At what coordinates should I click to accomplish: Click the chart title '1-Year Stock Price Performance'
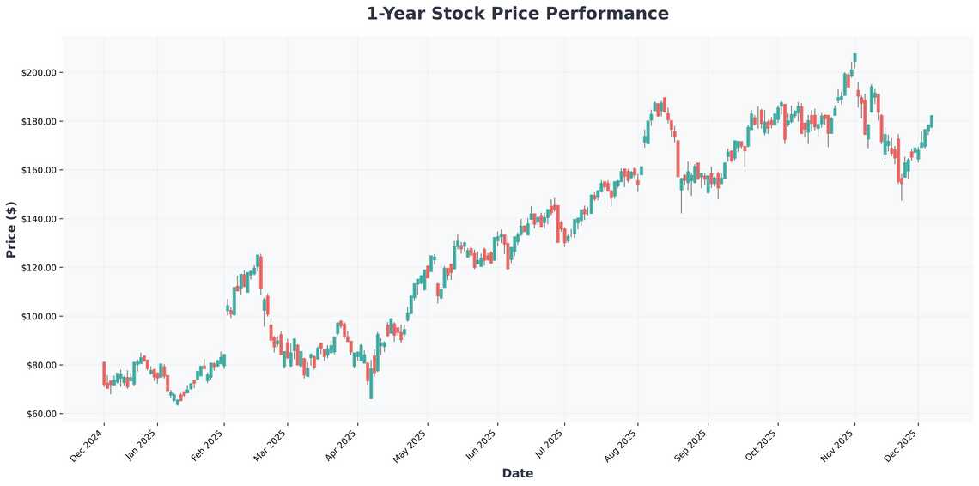coord(517,14)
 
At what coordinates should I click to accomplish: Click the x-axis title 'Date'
coord(517,473)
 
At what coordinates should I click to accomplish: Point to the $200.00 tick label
coord(39,72)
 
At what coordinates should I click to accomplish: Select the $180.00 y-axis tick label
coord(39,121)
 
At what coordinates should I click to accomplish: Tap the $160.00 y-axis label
coord(39,170)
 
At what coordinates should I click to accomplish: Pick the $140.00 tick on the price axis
coord(39,219)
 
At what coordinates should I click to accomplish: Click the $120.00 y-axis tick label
coord(39,268)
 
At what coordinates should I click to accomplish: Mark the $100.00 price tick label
coord(39,317)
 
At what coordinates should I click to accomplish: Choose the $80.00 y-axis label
coord(40,366)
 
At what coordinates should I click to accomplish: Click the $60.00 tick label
coord(40,415)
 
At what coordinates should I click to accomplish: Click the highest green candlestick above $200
coord(854,58)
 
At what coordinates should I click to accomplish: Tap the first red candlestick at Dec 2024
coord(104,374)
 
